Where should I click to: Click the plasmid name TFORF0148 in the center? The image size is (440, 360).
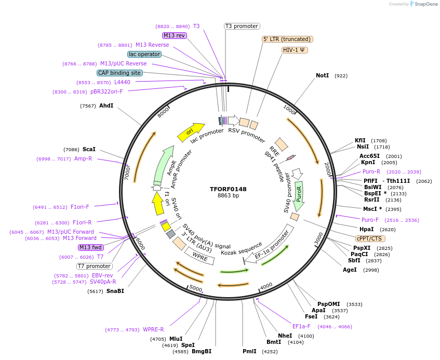228,189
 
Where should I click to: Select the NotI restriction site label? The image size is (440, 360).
322,76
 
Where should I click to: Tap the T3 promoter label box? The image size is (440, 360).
242,26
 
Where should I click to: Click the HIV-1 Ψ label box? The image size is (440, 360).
295,50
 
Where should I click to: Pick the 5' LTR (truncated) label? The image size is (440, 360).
287,39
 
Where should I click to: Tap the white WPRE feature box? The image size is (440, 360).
199,255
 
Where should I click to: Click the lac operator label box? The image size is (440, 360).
144,54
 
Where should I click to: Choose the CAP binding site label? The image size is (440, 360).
119,73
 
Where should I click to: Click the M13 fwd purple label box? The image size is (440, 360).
91,247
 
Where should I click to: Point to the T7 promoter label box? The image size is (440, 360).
94,266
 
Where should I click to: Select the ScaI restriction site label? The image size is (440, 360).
89,149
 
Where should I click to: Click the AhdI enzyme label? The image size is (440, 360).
106,105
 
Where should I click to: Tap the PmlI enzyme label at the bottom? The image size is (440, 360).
249,352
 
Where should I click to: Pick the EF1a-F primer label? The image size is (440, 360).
301,327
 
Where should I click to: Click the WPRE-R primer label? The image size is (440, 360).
153,329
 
